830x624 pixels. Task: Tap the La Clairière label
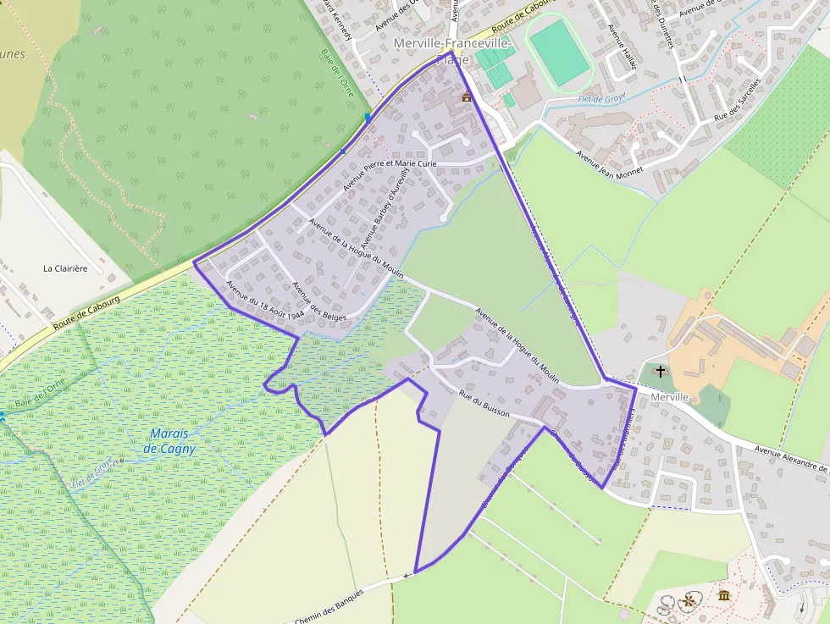(x=65, y=268)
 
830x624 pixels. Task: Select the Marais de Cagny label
(x=169, y=441)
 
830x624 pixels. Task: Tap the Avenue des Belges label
(x=319, y=301)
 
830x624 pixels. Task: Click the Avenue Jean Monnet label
(x=609, y=162)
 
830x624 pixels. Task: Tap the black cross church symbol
(x=661, y=371)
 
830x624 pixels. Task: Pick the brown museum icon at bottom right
(x=724, y=596)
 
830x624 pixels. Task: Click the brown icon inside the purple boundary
(x=466, y=98)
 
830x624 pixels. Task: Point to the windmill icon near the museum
(x=689, y=601)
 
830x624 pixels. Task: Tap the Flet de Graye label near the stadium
(x=601, y=98)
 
